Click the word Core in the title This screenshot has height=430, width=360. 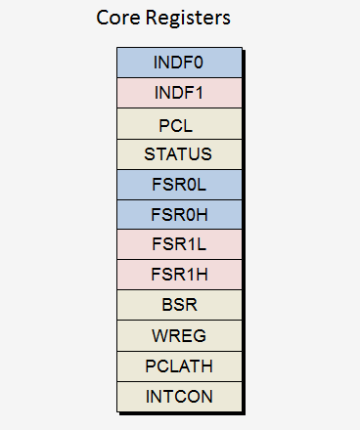click(117, 19)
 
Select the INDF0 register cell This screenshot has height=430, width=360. click(178, 63)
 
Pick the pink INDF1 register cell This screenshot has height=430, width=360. click(178, 93)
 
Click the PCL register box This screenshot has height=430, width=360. click(178, 124)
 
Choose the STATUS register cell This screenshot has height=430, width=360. click(178, 154)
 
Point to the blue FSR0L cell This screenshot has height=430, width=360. click(178, 184)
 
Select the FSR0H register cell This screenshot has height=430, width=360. click(178, 214)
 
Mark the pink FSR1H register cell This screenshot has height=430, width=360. click(178, 275)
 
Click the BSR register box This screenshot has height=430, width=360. click(178, 305)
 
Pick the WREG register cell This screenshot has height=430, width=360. click(178, 335)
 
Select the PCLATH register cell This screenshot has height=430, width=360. click(178, 365)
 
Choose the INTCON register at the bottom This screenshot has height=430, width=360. click(178, 396)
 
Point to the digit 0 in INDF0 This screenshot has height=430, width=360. click(200, 63)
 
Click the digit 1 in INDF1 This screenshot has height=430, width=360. click(200, 93)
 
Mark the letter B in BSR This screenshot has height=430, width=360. click(165, 305)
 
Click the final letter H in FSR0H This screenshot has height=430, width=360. click(202, 214)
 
